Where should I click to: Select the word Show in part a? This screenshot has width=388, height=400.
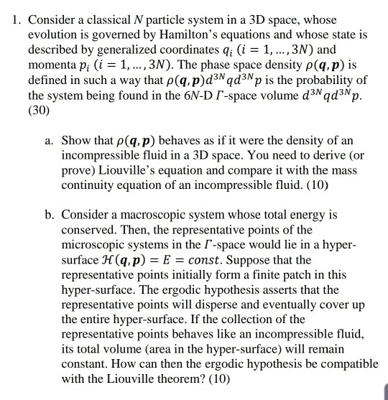tap(76, 140)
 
